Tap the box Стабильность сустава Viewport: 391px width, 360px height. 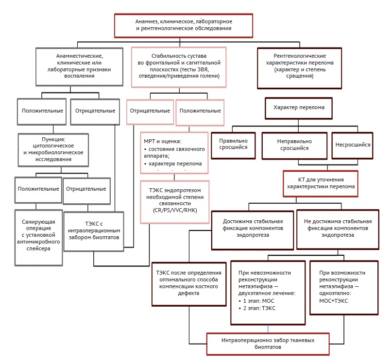179,66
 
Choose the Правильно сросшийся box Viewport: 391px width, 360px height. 233,144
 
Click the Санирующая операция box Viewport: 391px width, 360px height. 37,237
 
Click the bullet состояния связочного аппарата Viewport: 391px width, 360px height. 175,152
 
